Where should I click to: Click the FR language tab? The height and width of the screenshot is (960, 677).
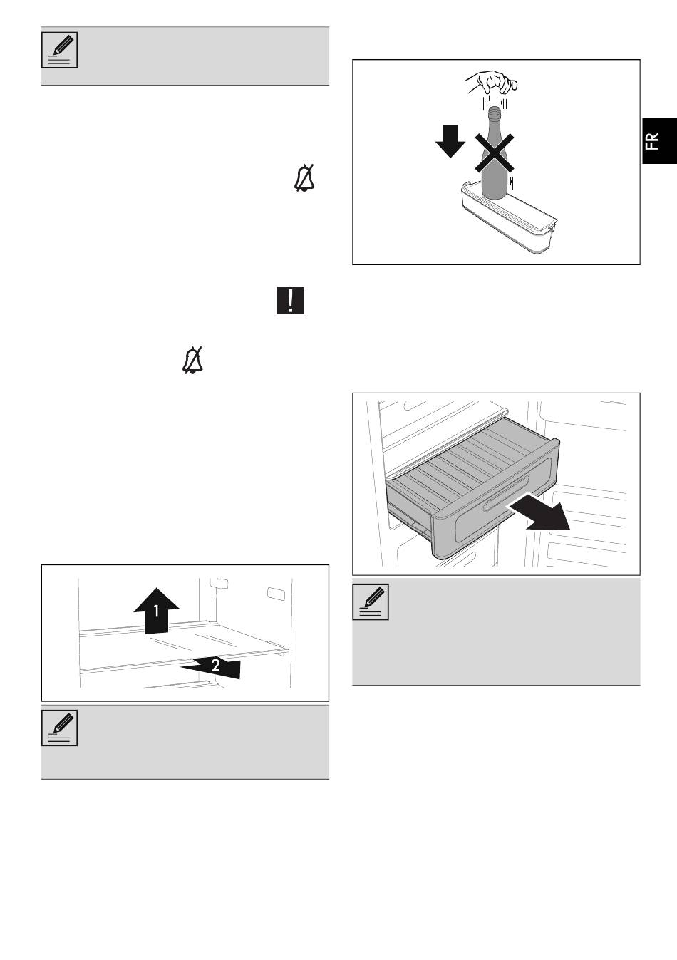pyautogui.click(x=659, y=141)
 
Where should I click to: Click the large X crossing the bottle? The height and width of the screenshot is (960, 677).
pyautogui.click(x=495, y=153)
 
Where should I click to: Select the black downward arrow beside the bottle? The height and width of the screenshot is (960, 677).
pyautogui.click(x=450, y=141)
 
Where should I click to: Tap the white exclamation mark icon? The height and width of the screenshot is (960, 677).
pyautogui.click(x=290, y=300)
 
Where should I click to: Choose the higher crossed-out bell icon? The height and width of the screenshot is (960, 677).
pyautogui.click(x=305, y=178)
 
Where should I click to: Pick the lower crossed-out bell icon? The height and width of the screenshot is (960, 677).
pyautogui.click(x=193, y=360)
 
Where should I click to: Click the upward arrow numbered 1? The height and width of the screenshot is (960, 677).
pyautogui.click(x=156, y=610)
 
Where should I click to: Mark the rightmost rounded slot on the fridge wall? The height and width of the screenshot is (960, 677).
pyautogui.click(x=274, y=593)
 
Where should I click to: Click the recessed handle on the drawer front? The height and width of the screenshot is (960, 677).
pyautogui.click(x=505, y=493)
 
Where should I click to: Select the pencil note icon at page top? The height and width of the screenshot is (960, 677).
pyautogui.click(x=60, y=50)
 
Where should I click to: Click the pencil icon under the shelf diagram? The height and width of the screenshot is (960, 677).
pyautogui.click(x=60, y=728)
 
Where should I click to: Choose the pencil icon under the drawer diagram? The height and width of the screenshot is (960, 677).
pyautogui.click(x=371, y=602)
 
